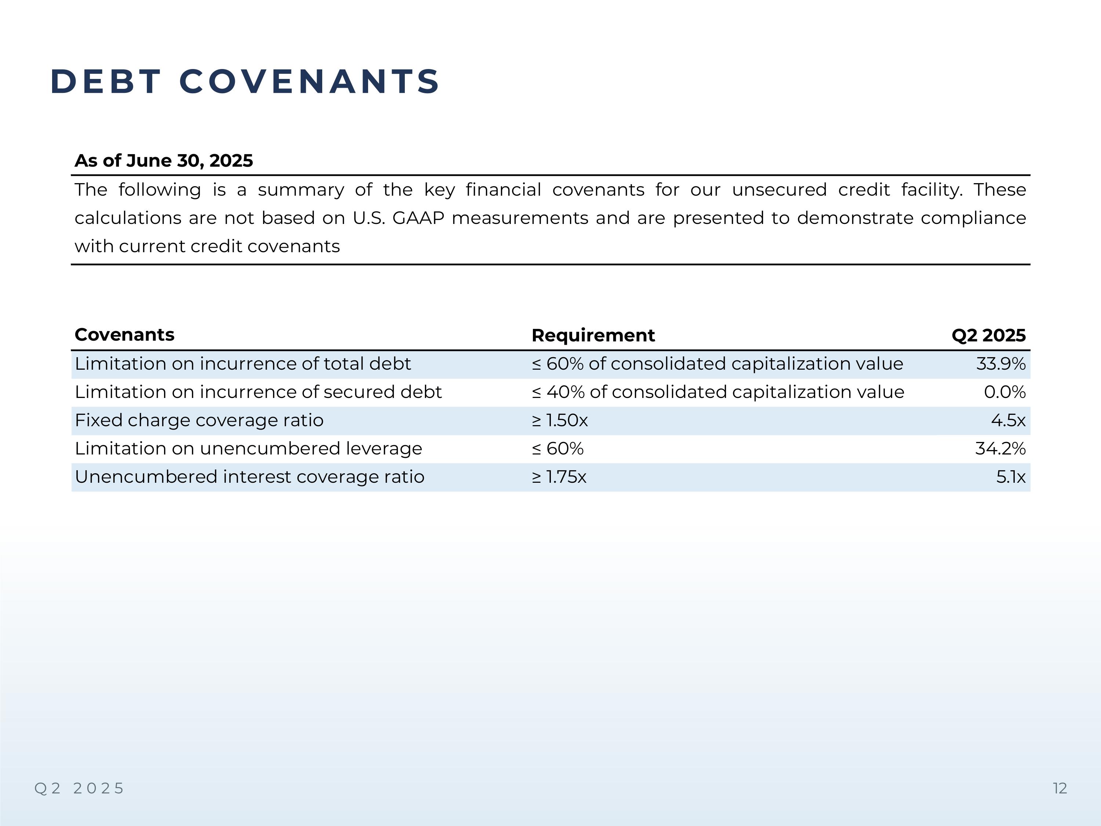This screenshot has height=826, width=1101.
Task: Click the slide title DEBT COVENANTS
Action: coord(245,81)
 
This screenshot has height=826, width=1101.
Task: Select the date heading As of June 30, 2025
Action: coord(164,160)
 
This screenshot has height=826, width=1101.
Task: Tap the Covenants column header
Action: coord(124,334)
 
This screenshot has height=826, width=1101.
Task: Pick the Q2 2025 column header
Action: coord(988,335)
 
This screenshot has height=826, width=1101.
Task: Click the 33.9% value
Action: coord(1000,364)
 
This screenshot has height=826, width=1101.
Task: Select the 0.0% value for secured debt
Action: coord(1004,392)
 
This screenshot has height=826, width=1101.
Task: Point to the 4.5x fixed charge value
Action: coord(1008,421)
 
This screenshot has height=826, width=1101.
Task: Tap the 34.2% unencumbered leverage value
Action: coord(1000,449)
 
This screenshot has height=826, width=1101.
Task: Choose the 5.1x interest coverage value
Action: coord(1010,477)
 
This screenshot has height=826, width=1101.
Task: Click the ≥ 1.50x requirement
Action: coord(559,421)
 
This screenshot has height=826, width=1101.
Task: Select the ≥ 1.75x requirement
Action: coord(559,477)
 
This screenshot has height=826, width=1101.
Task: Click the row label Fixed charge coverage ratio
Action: coord(199,421)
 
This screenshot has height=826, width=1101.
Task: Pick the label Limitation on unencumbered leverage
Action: coord(248,449)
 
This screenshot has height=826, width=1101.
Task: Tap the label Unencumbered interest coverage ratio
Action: coord(249,477)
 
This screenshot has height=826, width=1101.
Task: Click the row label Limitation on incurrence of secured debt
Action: coord(258,392)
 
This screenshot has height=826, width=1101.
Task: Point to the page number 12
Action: coord(1060,788)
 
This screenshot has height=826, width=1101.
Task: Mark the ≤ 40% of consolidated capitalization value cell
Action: coord(718,392)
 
